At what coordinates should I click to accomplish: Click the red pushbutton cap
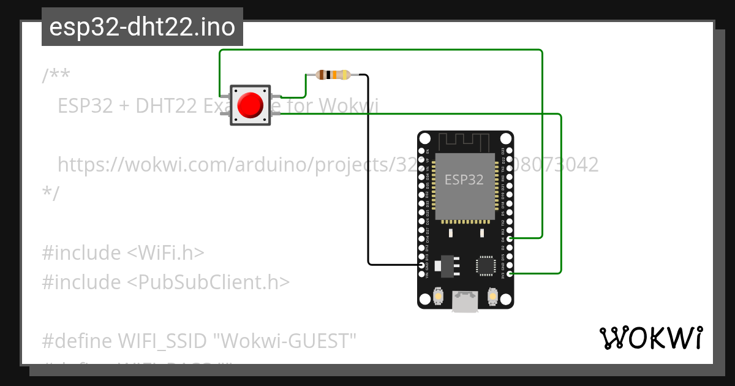point(250,105)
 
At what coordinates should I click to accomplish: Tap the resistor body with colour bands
point(333,75)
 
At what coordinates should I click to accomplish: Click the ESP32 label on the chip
point(464,180)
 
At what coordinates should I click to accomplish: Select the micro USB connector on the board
point(465,301)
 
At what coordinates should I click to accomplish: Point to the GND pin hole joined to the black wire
point(421,265)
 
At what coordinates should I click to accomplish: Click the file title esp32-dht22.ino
point(142,28)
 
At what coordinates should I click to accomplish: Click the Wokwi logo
point(650,338)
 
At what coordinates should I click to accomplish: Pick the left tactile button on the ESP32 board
point(439,297)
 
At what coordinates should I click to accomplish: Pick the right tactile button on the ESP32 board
point(492,297)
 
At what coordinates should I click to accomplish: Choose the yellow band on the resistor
point(344,75)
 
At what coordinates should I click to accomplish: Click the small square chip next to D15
point(486,265)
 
